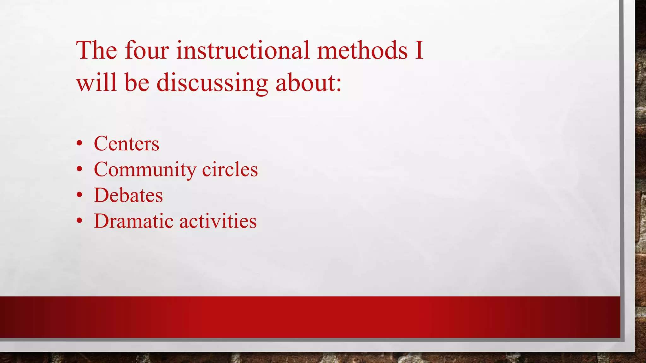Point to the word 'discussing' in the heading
click(x=212, y=83)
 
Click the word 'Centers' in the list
click(x=126, y=144)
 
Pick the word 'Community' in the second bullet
click(x=145, y=170)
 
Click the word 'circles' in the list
click(x=230, y=170)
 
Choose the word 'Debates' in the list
click(x=128, y=195)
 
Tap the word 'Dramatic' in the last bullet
click(x=134, y=221)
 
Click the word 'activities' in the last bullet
click(x=218, y=221)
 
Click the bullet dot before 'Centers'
click(x=79, y=144)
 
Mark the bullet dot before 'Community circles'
click(x=79, y=170)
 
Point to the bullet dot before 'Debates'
click(x=79, y=195)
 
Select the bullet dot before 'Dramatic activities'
click(x=79, y=221)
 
